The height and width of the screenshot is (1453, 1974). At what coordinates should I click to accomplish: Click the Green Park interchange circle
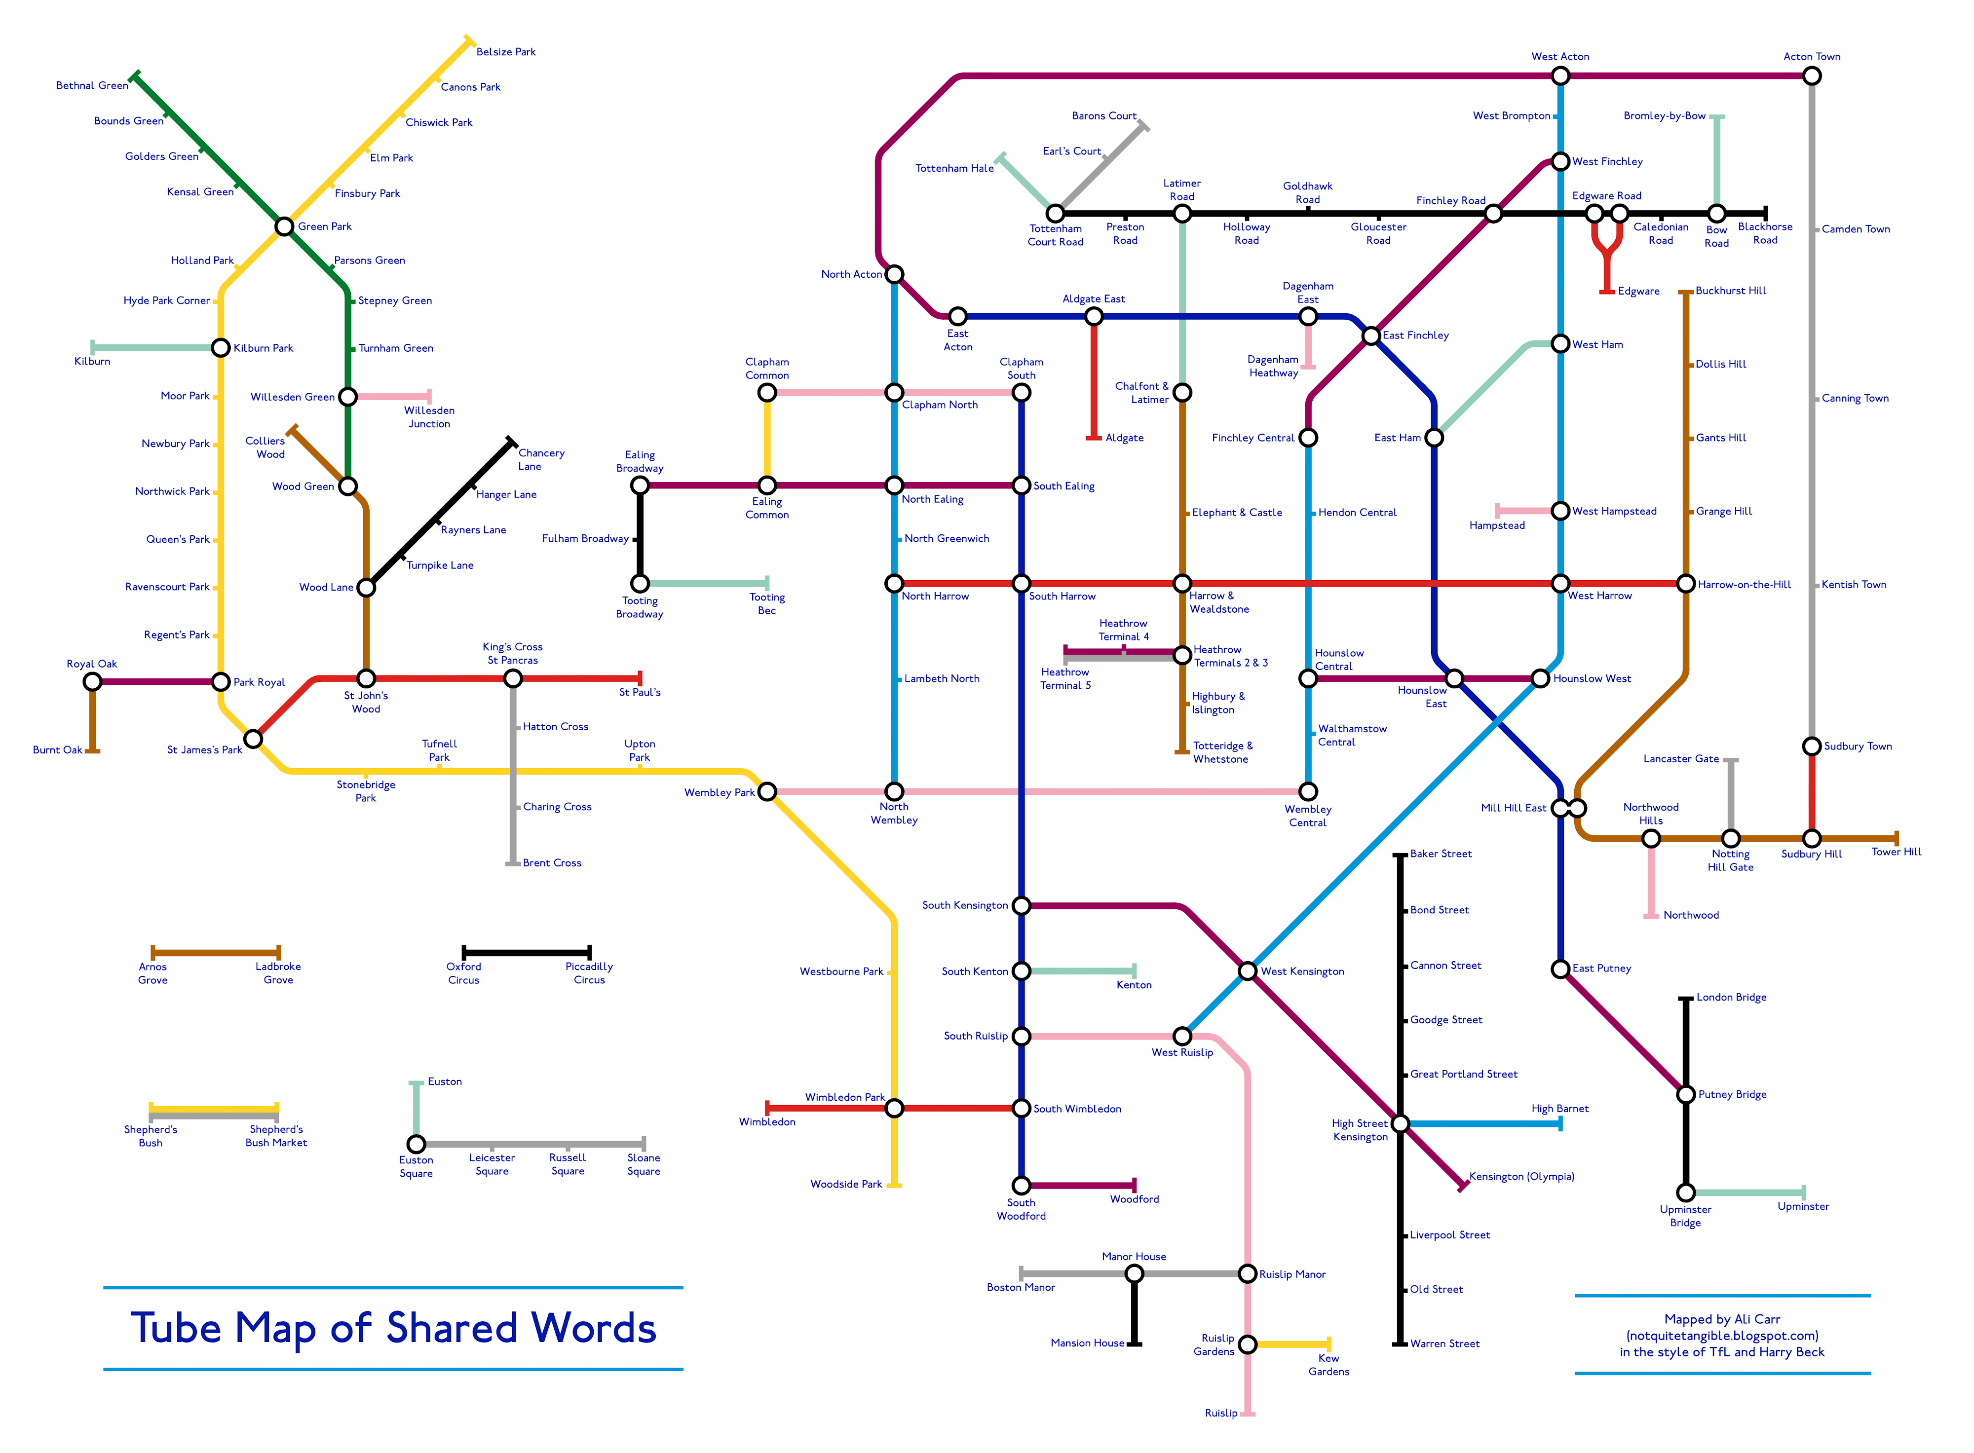pyautogui.click(x=284, y=227)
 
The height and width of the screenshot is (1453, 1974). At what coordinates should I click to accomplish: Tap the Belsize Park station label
pyautogui.click(x=506, y=52)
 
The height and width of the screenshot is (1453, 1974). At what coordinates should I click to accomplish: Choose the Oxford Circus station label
pyautogui.click(x=463, y=973)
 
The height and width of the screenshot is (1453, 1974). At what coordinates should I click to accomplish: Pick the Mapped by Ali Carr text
pyautogui.click(x=1721, y=1319)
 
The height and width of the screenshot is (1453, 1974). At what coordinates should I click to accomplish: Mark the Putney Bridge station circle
pyautogui.click(x=1685, y=1094)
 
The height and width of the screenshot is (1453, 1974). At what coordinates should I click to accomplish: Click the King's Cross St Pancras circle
pyautogui.click(x=513, y=678)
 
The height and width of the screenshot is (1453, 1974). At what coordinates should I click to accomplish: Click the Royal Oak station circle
pyautogui.click(x=92, y=682)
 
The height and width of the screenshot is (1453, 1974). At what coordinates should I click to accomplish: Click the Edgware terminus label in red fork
pyautogui.click(x=1638, y=291)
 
